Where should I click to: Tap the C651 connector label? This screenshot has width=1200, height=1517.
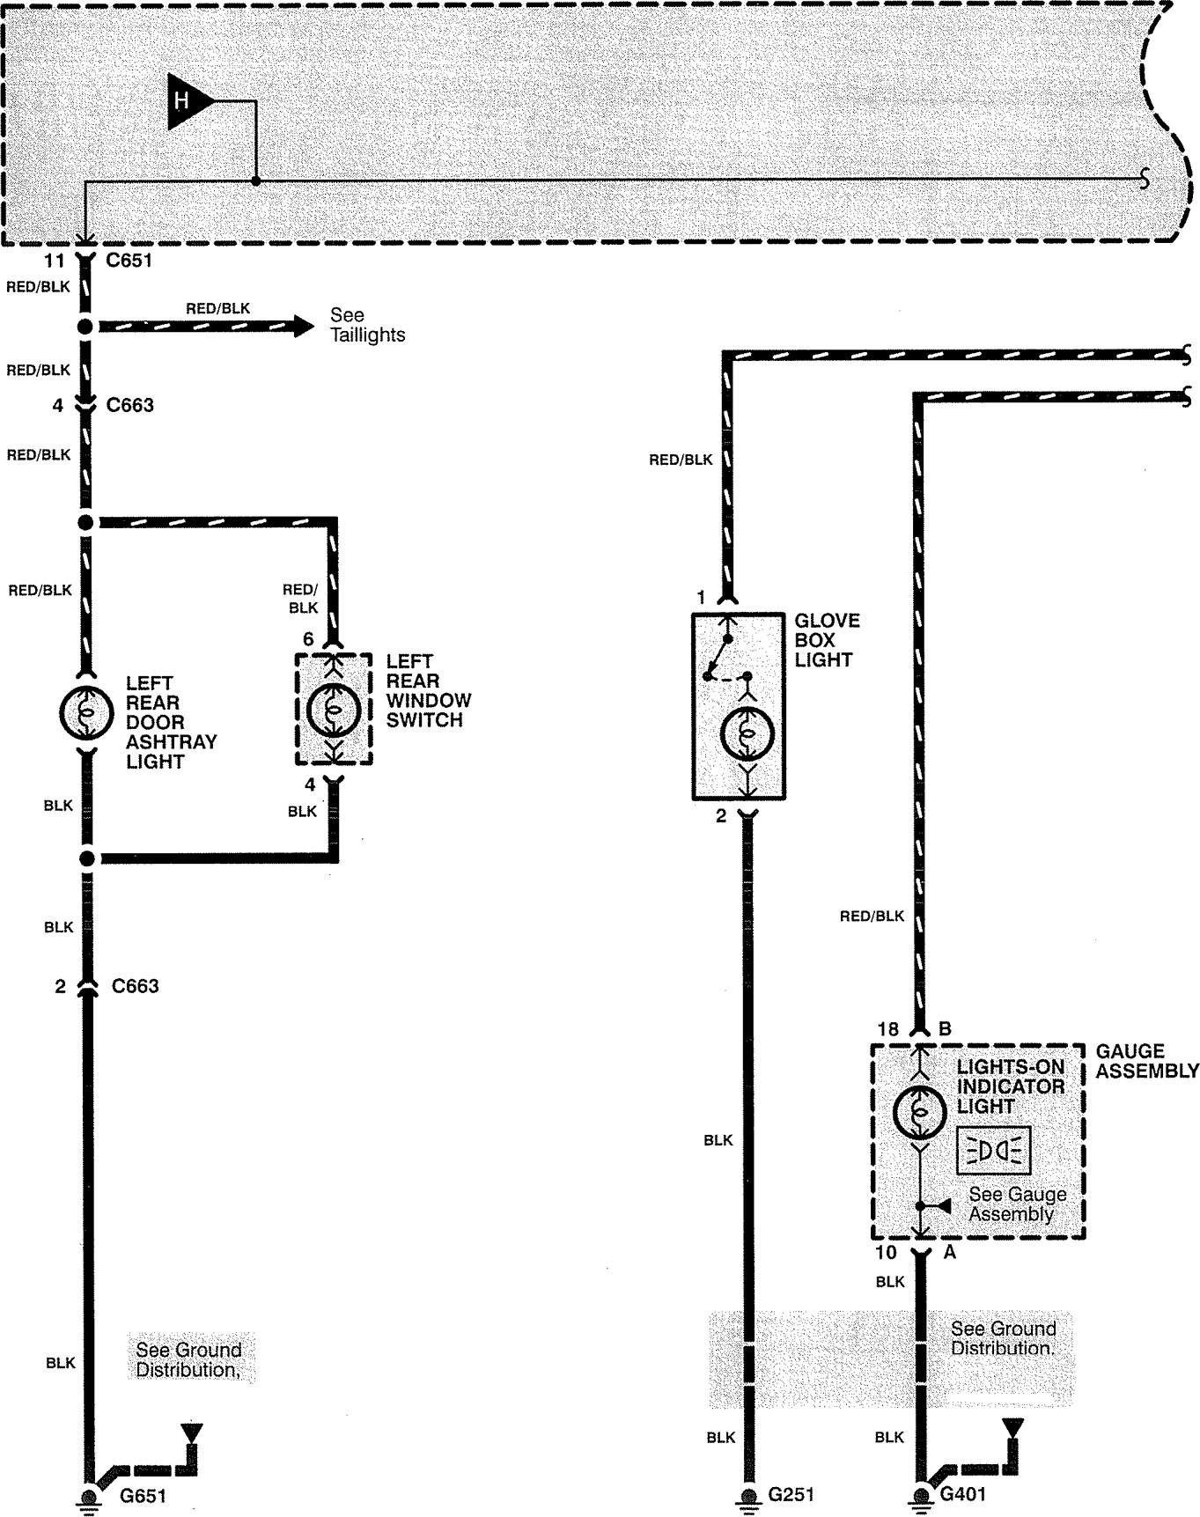[x=129, y=261]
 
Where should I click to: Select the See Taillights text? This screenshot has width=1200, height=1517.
[x=367, y=325]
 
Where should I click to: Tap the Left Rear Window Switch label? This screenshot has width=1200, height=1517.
[x=428, y=690]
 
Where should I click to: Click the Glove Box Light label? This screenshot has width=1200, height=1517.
[x=826, y=640]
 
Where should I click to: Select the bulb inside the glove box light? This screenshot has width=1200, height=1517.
[x=747, y=733]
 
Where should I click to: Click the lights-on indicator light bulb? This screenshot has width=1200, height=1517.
[x=919, y=1111]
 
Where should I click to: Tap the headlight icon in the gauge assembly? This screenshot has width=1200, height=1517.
[x=993, y=1151]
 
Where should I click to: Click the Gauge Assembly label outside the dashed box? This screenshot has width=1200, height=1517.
[x=1146, y=1061]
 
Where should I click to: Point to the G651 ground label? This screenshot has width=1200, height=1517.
[x=143, y=1495]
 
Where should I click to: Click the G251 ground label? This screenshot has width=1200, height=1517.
[x=791, y=1494]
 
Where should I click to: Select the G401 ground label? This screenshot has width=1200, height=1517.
[x=963, y=1494]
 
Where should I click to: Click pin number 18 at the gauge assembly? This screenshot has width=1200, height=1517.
[x=887, y=1029]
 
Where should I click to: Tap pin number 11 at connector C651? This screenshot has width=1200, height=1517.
[x=55, y=261]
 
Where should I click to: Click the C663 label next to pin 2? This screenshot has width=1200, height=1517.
[x=135, y=986]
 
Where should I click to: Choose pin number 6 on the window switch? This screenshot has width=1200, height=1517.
[x=308, y=638]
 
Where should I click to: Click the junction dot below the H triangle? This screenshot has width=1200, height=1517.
[x=255, y=181]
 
